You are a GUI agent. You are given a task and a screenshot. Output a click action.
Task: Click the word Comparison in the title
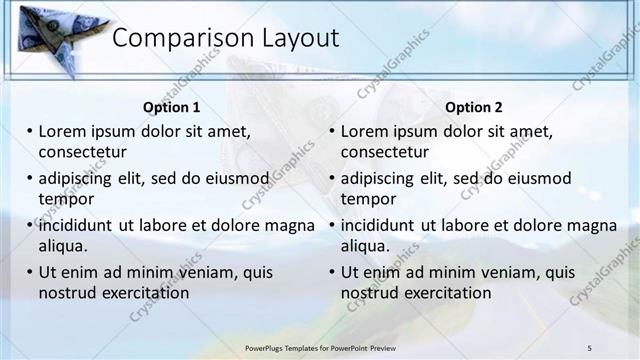coord(170,39)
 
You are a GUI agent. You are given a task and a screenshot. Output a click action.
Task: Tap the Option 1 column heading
coord(171,108)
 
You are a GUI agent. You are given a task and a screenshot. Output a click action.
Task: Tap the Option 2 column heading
coord(474,108)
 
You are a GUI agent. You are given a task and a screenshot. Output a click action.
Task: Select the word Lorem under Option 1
coord(62,131)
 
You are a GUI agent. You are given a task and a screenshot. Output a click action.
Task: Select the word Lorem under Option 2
coord(365,131)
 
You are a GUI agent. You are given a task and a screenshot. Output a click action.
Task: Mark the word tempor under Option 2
coord(369,198)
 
